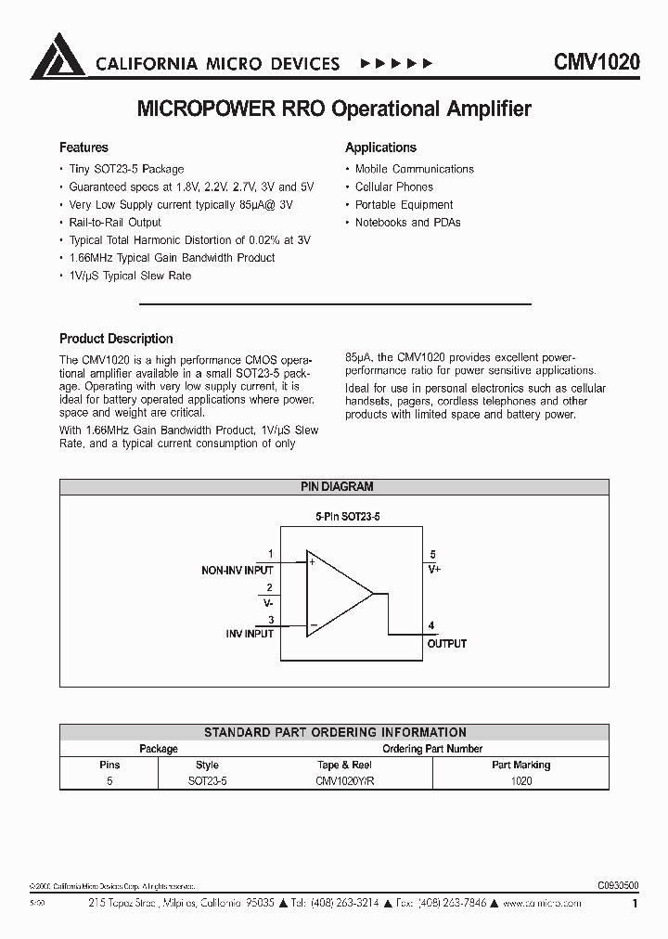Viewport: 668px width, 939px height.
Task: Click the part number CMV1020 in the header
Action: [x=597, y=63]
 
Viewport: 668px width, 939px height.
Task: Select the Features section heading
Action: [x=83, y=148]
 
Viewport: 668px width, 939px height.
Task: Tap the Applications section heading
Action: [x=380, y=148]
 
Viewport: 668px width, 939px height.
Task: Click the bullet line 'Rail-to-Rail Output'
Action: [x=115, y=223]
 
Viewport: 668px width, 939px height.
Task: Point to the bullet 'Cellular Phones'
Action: [x=393, y=187]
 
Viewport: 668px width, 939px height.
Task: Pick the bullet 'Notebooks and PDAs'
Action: [x=407, y=223]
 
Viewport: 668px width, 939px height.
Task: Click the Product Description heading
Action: [x=116, y=339]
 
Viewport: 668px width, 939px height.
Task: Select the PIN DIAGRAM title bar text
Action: [x=336, y=486]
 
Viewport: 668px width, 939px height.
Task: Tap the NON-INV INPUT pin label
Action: [x=238, y=570]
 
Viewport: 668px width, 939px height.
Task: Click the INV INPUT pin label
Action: [x=250, y=634]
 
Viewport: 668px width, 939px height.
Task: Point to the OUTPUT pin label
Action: [x=446, y=643]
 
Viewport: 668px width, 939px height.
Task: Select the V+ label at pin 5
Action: [x=434, y=569]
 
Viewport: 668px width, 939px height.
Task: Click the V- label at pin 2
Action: [x=267, y=601]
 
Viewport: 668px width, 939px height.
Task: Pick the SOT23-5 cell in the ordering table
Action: [x=207, y=781]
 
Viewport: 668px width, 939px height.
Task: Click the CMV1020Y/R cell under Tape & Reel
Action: [x=344, y=781]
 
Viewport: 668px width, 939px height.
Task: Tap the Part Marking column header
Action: [x=520, y=765]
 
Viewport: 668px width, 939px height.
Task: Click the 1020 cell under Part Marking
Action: [x=520, y=781]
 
